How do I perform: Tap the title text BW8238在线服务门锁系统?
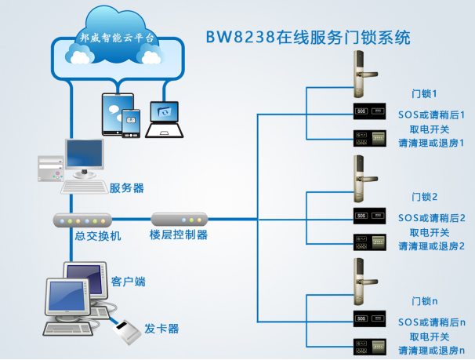(308, 38)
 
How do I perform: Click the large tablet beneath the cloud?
(114, 114)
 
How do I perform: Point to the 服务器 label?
(126, 188)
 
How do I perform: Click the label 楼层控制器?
(179, 235)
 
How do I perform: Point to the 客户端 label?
(129, 281)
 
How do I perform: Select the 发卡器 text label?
(162, 328)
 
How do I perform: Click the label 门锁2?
(424, 196)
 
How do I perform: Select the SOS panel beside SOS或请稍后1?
(370, 111)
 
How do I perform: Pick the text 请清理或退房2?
(431, 246)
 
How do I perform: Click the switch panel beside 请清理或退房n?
(370, 345)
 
